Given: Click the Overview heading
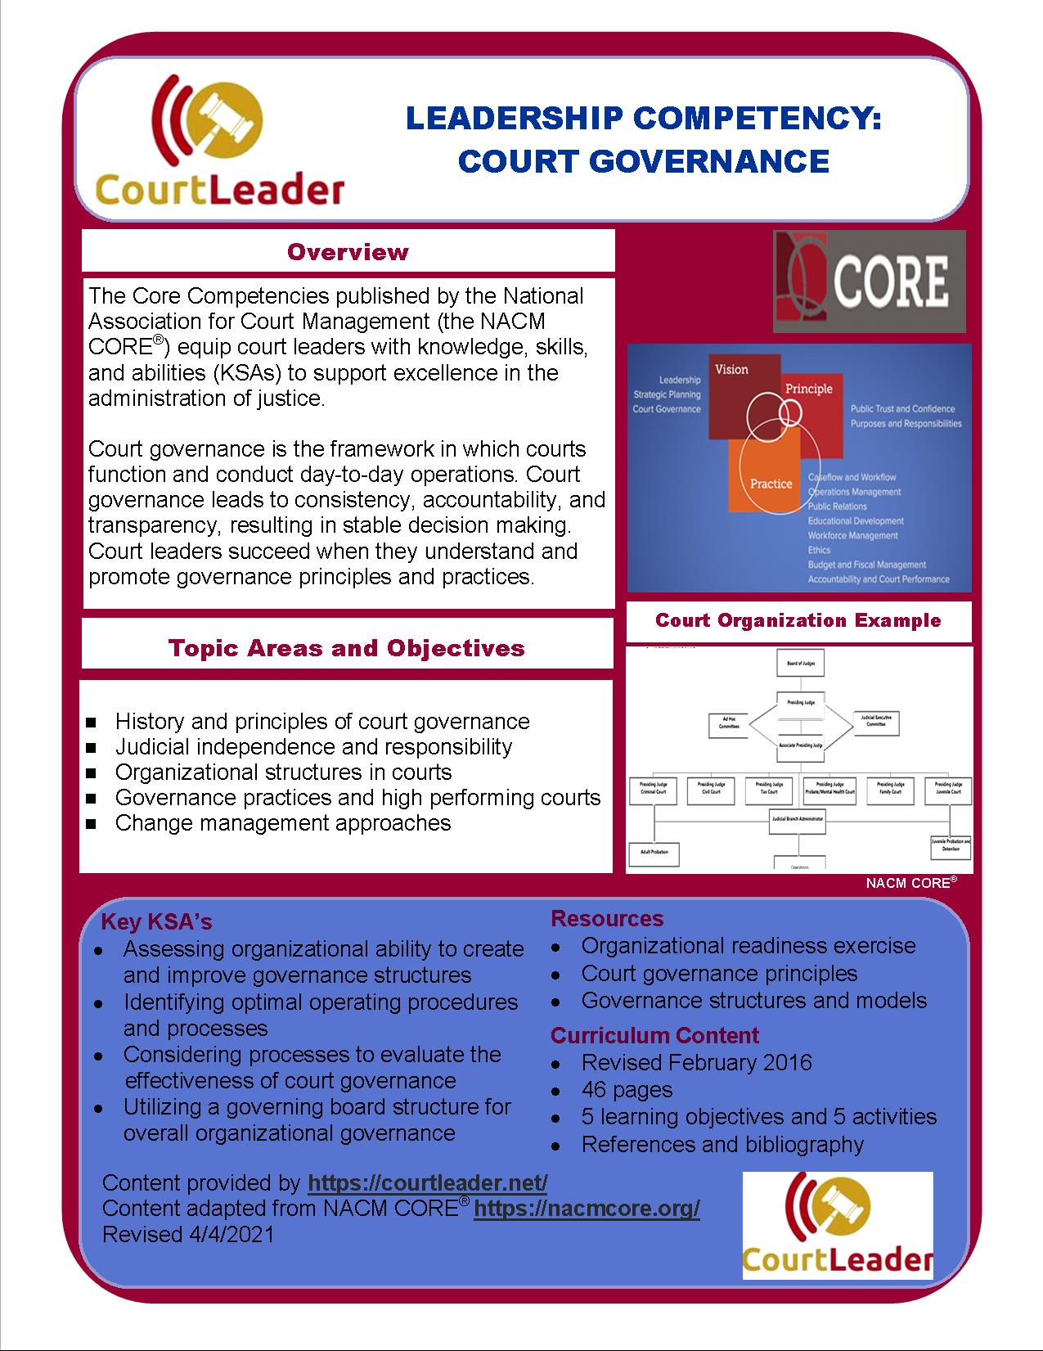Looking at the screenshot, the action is (x=348, y=252).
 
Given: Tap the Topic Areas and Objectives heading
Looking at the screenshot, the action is (x=347, y=648).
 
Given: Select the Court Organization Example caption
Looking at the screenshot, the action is (x=798, y=620).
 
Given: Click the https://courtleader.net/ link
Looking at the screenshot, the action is (x=428, y=1182).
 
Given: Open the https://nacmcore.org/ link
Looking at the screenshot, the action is (x=587, y=1209).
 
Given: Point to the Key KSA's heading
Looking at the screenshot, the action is (x=156, y=922).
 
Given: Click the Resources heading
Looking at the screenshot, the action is (x=607, y=918).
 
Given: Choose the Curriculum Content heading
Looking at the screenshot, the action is (x=654, y=1035).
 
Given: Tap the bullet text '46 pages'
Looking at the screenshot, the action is (x=627, y=1089).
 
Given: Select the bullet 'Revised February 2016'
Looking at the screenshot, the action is (x=696, y=1062).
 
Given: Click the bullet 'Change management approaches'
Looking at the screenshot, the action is (x=283, y=822).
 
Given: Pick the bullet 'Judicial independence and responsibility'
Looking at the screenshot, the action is (x=313, y=746).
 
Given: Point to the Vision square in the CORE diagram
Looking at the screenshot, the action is (x=732, y=370).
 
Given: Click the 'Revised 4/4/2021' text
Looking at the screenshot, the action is (x=188, y=1234).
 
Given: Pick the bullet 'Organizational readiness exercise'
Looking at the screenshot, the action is (x=748, y=946).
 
